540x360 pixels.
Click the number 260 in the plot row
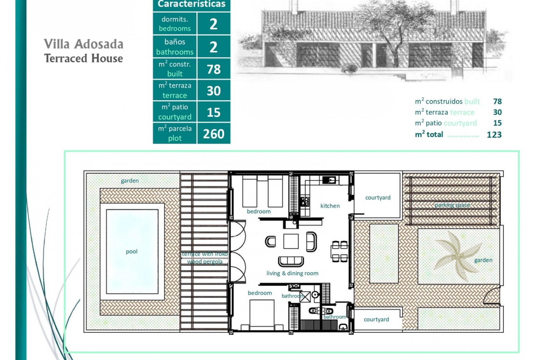pyautogui.click(x=213, y=134)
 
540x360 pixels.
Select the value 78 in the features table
pyautogui.click(x=213, y=69)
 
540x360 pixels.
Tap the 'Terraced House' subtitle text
pyautogui.click(x=84, y=58)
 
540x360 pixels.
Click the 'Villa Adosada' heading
pyautogui.click(x=84, y=44)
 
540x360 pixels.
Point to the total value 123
pyautogui.click(x=494, y=135)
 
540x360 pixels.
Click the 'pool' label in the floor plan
pyautogui.click(x=132, y=251)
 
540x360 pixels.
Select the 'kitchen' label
pyautogui.click(x=330, y=206)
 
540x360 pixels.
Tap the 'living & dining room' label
pyautogui.click(x=292, y=273)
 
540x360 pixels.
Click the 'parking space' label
pyautogui.click(x=452, y=205)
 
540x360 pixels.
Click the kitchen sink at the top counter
pyautogui.click(x=329, y=180)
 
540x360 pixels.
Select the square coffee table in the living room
pyautogui.click(x=291, y=241)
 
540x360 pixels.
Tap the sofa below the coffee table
pyautogui.click(x=291, y=261)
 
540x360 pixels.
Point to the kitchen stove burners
pyautogui.click(x=305, y=201)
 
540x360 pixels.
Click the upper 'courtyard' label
pyautogui.click(x=378, y=197)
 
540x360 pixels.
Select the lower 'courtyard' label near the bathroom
pyautogui.click(x=376, y=319)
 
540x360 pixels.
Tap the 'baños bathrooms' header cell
pyautogui.click(x=175, y=47)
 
